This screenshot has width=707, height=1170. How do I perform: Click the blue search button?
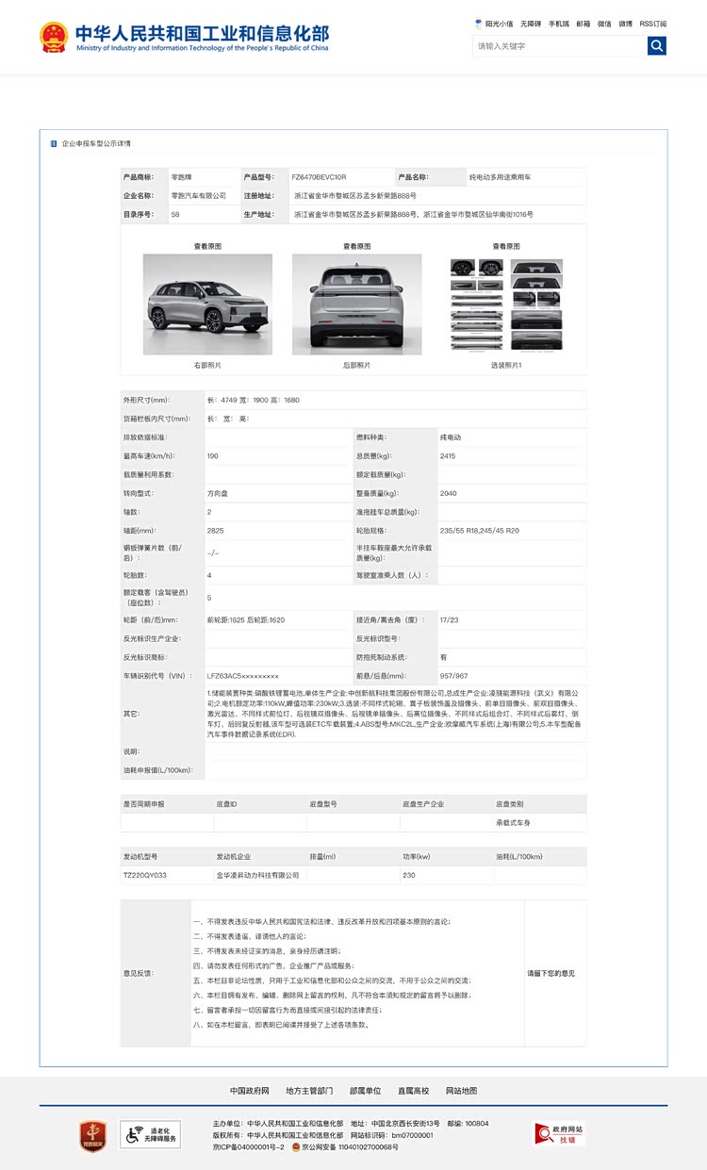657,45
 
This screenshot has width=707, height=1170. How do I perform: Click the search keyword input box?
559,45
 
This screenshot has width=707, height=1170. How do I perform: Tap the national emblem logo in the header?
53,38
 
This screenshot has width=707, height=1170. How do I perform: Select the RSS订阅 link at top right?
652,24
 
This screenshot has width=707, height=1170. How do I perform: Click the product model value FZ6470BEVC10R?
319,177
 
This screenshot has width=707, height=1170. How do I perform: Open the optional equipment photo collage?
506,304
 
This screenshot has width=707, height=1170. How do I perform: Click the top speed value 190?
213,456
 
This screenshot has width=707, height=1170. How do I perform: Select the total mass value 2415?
449,456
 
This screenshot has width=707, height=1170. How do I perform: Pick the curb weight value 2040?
449,493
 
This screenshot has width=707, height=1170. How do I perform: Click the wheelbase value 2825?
216,531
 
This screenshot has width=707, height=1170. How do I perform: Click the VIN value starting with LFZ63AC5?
243,676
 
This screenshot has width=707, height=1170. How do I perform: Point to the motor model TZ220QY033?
145,875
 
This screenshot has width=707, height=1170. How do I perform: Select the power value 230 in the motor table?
409,875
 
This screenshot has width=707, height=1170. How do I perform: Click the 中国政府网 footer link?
250,1091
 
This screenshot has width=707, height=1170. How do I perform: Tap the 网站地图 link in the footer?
461,1091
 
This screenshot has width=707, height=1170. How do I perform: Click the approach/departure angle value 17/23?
449,620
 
